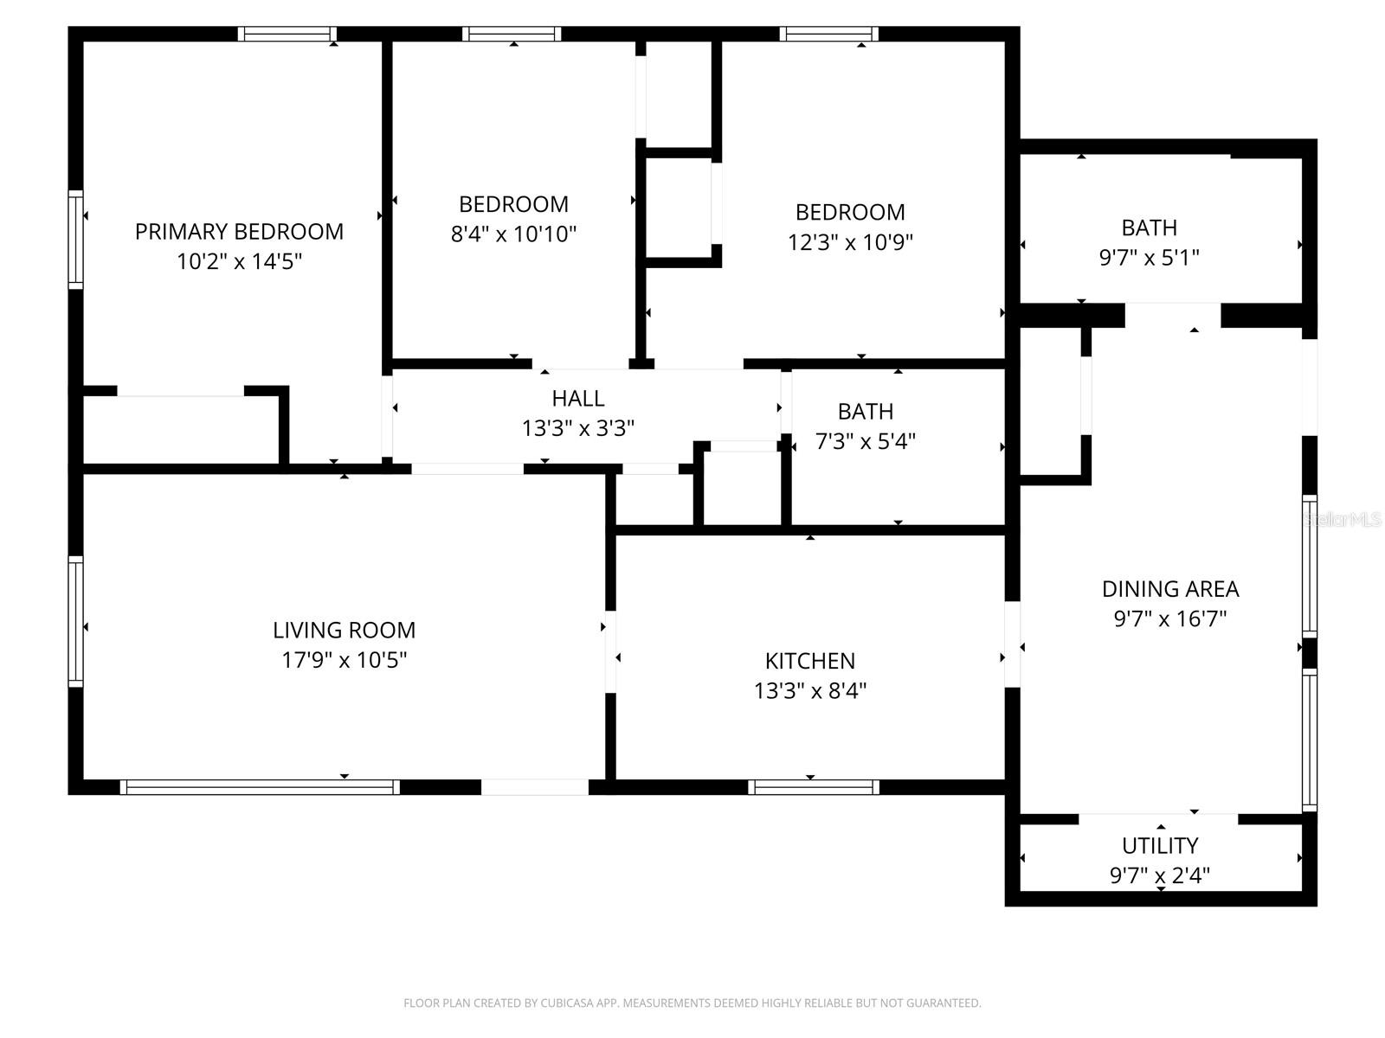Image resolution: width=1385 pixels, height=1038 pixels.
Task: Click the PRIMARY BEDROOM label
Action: tap(239, 232)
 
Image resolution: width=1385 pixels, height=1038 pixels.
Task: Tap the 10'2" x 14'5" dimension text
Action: tap(239, 261)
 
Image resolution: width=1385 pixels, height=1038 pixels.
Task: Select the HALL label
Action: tap(577, 399)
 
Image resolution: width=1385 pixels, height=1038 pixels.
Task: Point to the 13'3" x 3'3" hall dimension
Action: tap(577, 428)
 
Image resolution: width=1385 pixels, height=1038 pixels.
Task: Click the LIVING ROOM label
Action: tap(344, 631)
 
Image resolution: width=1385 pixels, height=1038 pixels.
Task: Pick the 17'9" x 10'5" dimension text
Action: tap(344, 661)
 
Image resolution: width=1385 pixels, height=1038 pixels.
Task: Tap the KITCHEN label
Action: tap(809, 662)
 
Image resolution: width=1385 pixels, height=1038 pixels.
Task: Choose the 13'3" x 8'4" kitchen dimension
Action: tap(809, 691)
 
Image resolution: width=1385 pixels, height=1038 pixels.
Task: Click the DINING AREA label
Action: tap(1169, 589)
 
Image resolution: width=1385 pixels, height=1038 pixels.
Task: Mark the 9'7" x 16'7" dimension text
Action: tap(1169, 619)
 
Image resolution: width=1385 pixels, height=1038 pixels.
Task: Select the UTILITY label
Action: tap(1160, 846)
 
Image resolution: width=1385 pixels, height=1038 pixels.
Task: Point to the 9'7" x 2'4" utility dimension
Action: tap(1160, 875)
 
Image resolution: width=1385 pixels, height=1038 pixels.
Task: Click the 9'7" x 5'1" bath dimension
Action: tap(1149, 258)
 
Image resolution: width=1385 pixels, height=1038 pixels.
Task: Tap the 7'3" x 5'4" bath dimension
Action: tap(865, 441)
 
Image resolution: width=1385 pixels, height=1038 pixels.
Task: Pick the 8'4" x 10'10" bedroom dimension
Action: tap(513, 234)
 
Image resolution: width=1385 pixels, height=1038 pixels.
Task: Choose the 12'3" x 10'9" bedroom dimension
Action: tap(850, 242)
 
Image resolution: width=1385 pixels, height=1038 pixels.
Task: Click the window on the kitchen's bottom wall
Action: tap(814, 787)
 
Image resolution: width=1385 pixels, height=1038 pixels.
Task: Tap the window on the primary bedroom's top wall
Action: tap(287, 35)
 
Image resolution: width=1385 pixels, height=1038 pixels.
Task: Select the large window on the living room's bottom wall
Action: tap(260, 787)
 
